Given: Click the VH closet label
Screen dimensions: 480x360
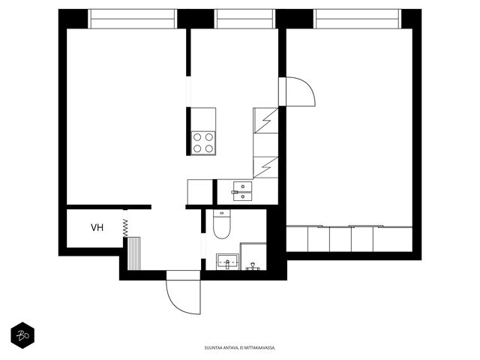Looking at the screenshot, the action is (x=97, y=227).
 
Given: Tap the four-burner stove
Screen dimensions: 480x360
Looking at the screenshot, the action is (x=203, y=143).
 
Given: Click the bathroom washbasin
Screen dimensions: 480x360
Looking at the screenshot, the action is (x=228, y=262).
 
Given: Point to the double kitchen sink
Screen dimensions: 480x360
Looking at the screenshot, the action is (x=242, y=191).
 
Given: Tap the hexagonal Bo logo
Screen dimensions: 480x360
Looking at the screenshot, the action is (x=22, y=335).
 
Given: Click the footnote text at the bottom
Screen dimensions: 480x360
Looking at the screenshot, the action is (x=240, y=348).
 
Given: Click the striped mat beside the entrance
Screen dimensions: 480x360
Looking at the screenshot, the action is (x=133, y=253).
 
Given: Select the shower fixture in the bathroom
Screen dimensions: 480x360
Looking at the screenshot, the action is (x=253, y=266).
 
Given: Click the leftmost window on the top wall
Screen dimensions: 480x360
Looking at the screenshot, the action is (x=133, y=19).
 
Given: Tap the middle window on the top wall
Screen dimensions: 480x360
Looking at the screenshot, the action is (x=244, y=19).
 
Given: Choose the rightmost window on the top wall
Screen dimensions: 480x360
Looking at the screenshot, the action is (x=358, y=19).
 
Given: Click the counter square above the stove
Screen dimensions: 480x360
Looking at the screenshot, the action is (x=203, y=119).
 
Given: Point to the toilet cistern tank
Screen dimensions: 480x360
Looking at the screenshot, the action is (x=222, y=213).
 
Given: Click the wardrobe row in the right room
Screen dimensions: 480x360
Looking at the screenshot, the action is (x=349, y=239).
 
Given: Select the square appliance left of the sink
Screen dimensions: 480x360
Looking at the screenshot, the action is (x=200, y=192).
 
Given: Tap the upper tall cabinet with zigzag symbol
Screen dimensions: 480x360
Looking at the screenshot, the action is (x=265, y=120).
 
